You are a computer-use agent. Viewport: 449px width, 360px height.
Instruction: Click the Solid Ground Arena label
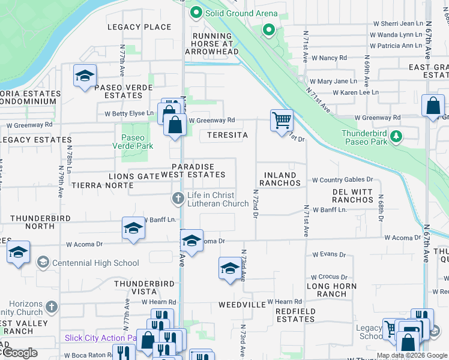coord(241,13)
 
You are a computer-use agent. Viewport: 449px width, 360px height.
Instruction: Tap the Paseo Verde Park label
coord(133,142)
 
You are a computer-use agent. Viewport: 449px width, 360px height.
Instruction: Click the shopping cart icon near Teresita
coord(281,121)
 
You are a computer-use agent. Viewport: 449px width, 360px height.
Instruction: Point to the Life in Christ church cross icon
coord(178,197)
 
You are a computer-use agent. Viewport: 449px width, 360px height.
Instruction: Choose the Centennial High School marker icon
coord(43,262)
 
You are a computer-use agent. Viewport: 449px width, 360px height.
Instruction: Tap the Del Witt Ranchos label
coord(353,196)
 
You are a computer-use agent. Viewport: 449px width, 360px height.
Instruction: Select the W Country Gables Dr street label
coord(342,179)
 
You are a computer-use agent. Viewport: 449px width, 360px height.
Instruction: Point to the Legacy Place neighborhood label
coord(139,27)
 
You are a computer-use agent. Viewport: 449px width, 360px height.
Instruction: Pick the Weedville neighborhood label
coord(242,305)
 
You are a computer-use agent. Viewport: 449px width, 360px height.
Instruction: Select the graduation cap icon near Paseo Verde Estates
coord(85,76)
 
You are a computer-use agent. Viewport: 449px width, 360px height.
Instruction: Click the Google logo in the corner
coord(20,353)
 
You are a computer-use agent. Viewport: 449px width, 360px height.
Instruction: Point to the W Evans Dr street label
coord(328,254)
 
